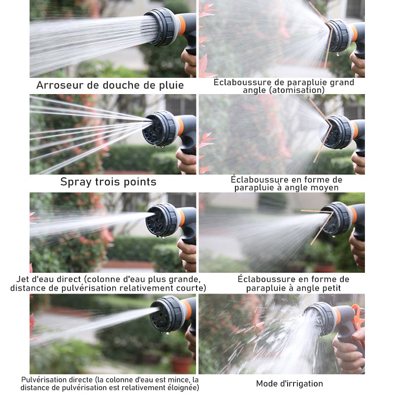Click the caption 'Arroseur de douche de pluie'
pyautogui.click(x=110, y=85)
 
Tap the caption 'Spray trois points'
pyautogui.click(x=108, y=182)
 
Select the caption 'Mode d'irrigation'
pyautogui.click(x=290, y=384)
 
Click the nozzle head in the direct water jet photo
pyautogui.click(x=162, y=220)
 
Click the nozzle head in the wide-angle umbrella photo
pyautogui.click(x=339, y=35)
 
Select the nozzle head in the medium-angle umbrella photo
pyautogui.click(x=337, y=132)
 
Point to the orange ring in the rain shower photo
pyautogui.click(x=181, y=25)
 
